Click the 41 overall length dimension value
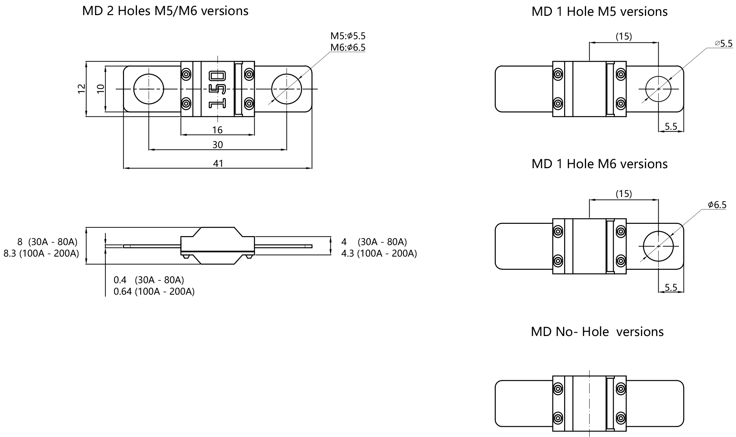pos(218,164)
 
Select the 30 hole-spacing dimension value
pos(218,144)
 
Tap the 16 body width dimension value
pos(217,130)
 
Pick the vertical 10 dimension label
pos(101,88)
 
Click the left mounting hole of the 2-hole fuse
pos(148,89)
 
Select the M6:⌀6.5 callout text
pos(348,47)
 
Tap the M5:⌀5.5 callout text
pos(348,36)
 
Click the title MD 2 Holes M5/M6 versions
pos(165,11)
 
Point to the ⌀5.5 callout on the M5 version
pos(723,44)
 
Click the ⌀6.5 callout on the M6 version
pos(717,205)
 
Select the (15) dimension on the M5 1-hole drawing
pos(623,36)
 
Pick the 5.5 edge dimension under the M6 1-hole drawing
pos(671,287)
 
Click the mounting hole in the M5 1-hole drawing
pos(658,89)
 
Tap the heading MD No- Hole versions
pos(597,331)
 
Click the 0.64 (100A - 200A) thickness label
pos(154,291)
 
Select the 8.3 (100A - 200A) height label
pos(41,253)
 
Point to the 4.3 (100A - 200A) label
pos(379,253)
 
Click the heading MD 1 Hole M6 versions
pos(599,164)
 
